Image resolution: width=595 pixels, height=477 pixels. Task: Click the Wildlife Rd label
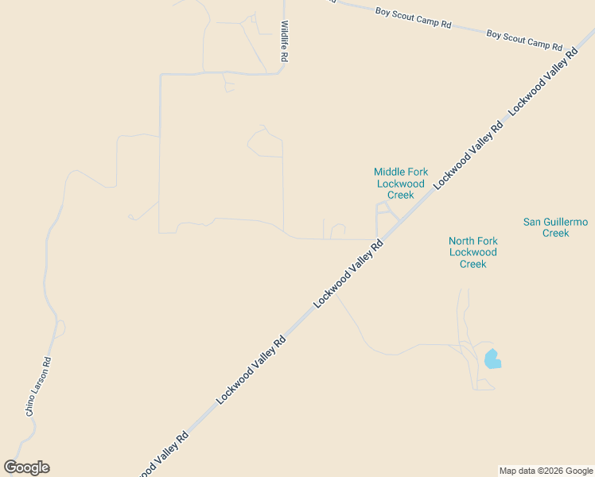tap(283, 41)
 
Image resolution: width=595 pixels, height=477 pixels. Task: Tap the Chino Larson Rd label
tap(38, 387)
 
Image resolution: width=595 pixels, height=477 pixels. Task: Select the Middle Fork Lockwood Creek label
tap(401, 184)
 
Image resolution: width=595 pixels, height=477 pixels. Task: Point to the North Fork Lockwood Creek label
tap(473, 252)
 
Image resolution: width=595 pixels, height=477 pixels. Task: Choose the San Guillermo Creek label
tap(555, 227)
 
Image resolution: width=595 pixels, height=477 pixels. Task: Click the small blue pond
tap(492, 359)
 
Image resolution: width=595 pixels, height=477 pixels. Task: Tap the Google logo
tap(26, 467)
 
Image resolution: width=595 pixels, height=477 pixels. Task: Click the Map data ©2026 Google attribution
tap(546, 471)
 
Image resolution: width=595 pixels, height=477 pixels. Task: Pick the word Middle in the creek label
tap(390, 172)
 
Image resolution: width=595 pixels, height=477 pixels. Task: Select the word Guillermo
tap(566, 222)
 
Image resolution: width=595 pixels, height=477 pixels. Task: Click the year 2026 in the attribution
tap(552, 471)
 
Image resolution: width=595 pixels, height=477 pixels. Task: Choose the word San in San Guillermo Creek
tap(531, 222)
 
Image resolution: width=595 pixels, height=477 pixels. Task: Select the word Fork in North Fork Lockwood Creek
tap(488, 241)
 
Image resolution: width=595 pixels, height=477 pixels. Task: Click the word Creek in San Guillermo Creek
tap(555, 233)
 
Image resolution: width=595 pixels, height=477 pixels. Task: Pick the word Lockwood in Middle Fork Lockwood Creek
tap(401, 184)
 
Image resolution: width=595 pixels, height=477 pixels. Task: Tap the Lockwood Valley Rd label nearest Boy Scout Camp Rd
tap(543, 83)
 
